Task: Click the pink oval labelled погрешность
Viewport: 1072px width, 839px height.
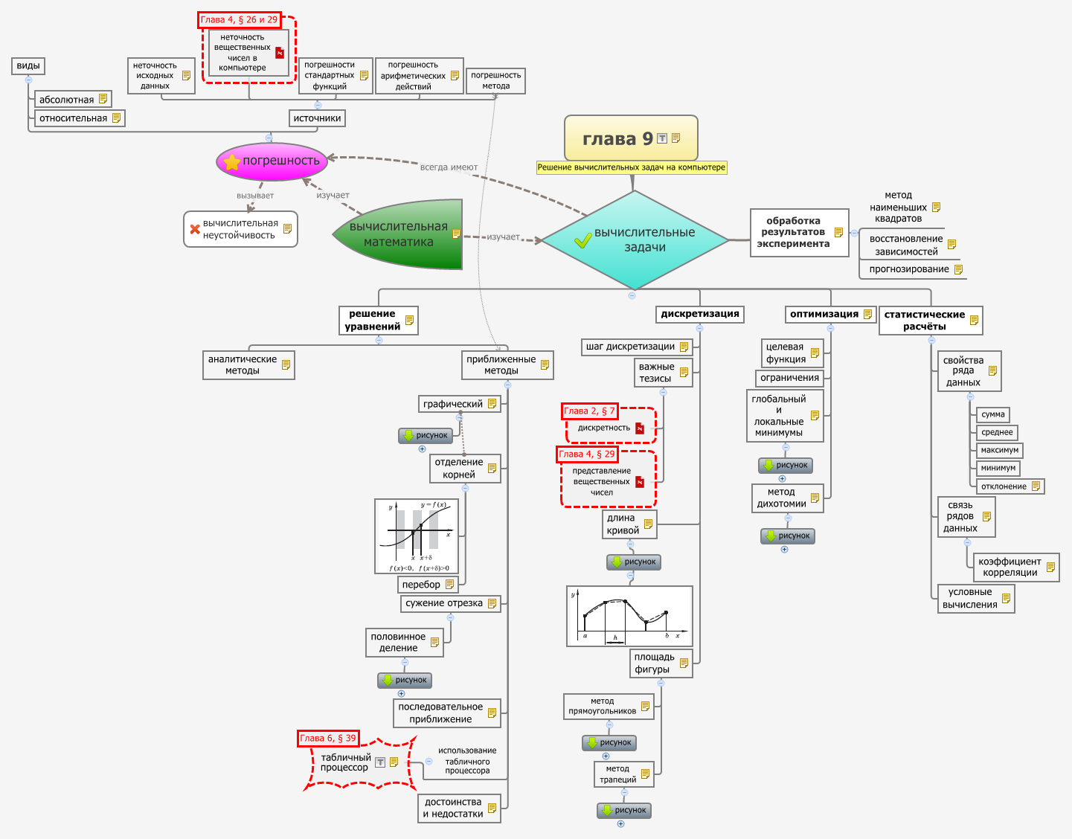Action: [272, 161]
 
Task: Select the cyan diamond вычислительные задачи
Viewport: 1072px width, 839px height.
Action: [635, 240]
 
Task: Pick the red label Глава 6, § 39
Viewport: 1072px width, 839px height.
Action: [328, 738]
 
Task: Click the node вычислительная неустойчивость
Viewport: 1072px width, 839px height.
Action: [240, 229]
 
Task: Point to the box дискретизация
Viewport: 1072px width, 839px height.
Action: [699, 314]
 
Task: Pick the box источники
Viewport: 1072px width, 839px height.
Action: [317, 118]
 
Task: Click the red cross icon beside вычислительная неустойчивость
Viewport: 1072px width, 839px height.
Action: [195, 229]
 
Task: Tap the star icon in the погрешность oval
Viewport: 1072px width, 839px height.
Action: [232, 161]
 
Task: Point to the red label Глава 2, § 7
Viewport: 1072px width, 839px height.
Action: [589, 411]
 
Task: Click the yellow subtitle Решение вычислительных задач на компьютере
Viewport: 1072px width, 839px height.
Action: [631, 167]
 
